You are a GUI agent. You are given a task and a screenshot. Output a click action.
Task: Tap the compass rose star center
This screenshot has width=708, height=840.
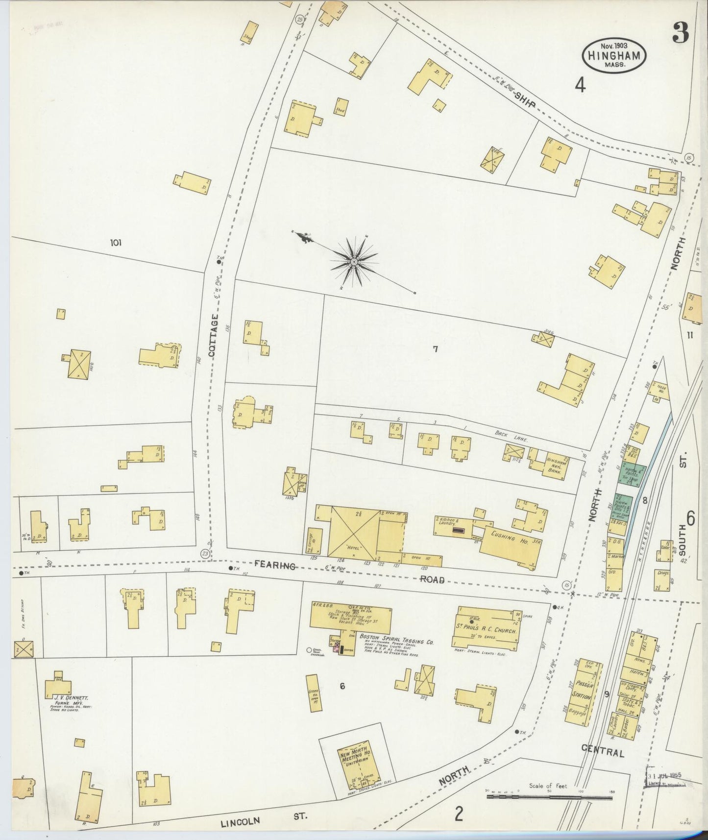354,263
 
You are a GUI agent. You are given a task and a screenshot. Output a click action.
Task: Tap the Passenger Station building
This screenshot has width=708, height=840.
583,692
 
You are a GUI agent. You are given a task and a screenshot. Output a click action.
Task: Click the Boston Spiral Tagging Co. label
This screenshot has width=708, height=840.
397,641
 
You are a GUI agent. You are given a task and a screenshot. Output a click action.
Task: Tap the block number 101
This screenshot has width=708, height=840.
116,243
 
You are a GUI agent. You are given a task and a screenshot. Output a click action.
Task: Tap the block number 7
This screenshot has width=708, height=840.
434,349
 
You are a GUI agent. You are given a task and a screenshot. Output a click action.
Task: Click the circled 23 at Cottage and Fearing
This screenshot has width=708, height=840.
204,553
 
